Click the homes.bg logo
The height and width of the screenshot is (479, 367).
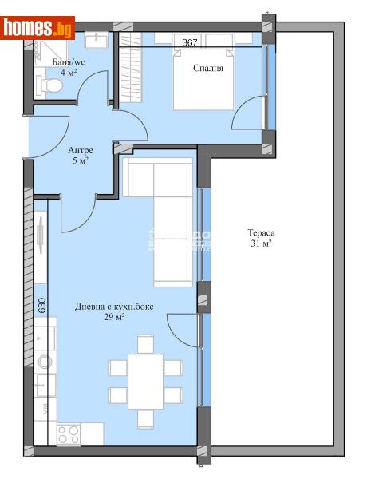tap(38, 28)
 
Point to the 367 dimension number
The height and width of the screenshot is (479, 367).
tap(190, 42)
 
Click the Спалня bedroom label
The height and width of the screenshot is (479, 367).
tap(207, 68)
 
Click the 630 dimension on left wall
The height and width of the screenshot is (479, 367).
tap(41, 306)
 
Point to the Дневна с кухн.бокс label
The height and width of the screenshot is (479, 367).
tap(110, 306)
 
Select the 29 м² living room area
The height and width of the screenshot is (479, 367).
tap(111, 317)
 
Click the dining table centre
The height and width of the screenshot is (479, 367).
tap(144, 381)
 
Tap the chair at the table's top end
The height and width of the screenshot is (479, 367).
tap(144, 343)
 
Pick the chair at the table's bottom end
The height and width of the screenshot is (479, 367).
tap(144, 418)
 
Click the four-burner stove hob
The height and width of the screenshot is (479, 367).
tap(67, 434)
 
